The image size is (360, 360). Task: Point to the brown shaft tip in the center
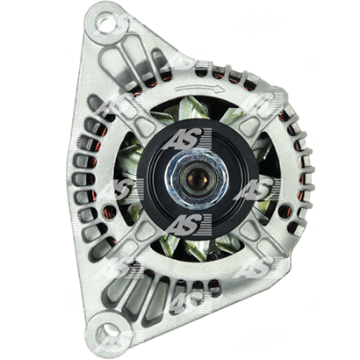(197, 176)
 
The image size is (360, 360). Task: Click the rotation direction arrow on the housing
(197, 89)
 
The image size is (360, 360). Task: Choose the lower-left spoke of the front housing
(137, 234)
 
